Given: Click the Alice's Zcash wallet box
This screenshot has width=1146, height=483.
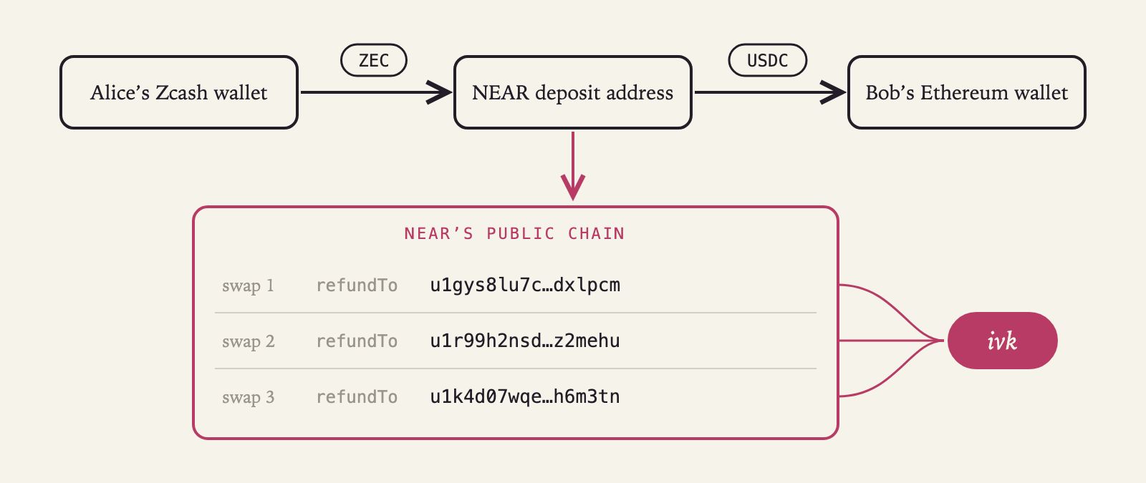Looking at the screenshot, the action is pyautogui.click(x=179, y=92).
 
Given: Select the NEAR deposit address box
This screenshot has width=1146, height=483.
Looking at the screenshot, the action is pyautogui.click(x=573, y=92).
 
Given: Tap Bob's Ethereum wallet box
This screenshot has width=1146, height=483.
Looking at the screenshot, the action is pyautogui.click(x=967, y=92).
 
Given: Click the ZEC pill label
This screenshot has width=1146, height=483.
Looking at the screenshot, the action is pyautogui.click(x=374, y=60).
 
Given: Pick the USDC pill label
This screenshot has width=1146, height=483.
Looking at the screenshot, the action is pyautogui.click(x=767, y=60).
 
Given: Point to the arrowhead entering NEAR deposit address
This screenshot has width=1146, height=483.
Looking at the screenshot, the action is pyautogui.click(x=440, y=92).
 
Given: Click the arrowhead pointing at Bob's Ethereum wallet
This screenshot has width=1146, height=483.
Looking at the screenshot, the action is pyautogui.click(x=834, y=92).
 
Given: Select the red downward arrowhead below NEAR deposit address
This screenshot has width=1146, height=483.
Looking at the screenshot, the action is pyautogui.click(x=573, y=187).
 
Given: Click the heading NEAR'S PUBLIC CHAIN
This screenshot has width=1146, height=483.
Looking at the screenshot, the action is pyautogui.click(x=515, y=233).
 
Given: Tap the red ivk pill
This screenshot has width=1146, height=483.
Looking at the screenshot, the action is pyautogui.click(x=1003, y=341).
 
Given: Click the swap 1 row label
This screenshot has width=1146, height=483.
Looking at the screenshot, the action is pyautogui.click(x=248, y=286).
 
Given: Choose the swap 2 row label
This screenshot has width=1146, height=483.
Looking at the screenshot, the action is pyautogui.click(x=248, y=341).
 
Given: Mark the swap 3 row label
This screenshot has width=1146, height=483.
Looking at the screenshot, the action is pyautogui.click(x=248, y=396).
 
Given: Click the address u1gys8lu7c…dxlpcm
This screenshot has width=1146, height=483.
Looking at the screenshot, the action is pyautogui.click(x=525, y=286).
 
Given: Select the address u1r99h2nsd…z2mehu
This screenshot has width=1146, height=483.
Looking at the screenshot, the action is pyautogui.click(x=525, y=341).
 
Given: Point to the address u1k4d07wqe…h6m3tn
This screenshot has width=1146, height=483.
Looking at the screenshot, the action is pyautogui.click(x=525, y=396).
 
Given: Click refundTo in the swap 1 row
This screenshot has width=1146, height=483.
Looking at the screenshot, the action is pyautogui.click(x=357, y=286).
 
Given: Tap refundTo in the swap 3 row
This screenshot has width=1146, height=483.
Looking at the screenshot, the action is pyautogui.click(x=357, y=396).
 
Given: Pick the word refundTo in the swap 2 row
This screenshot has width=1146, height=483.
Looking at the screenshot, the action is pyautogui.click(x=357, y=341).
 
